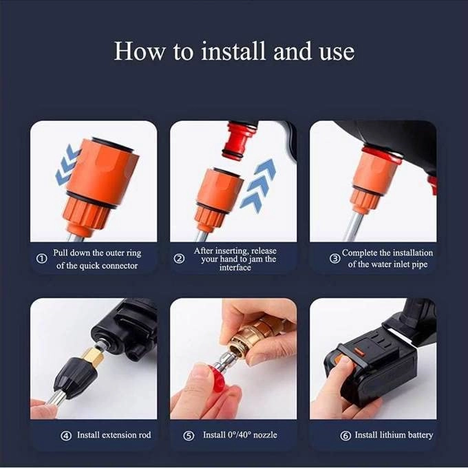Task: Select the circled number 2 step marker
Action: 180,259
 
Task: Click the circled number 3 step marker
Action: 334,259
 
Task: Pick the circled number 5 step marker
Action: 189,435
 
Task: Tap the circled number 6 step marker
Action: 345,435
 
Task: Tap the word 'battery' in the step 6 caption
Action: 418,435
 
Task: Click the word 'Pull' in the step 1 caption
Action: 61,253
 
